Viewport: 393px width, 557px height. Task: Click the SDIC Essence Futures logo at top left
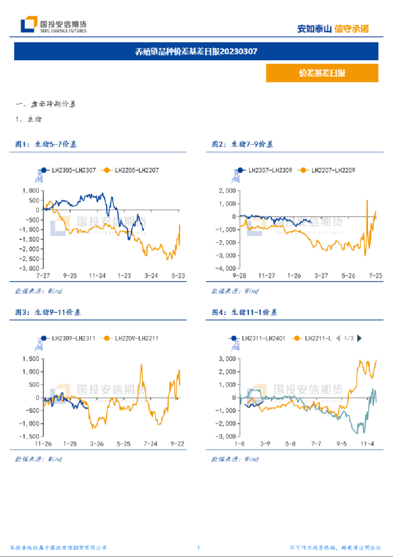click(x=54, y=25)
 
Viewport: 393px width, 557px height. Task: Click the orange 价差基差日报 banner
click(x=321, y=73)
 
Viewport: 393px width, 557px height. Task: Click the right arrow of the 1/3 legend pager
click(x=360, y=337)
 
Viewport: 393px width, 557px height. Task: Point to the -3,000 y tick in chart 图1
click(x=30, y=268)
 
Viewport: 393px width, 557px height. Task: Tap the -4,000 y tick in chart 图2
click(x=227, y=268)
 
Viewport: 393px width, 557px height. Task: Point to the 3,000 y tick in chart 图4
click(x=228, y=359)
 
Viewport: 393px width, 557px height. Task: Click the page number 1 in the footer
click(x=199, y=548)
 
